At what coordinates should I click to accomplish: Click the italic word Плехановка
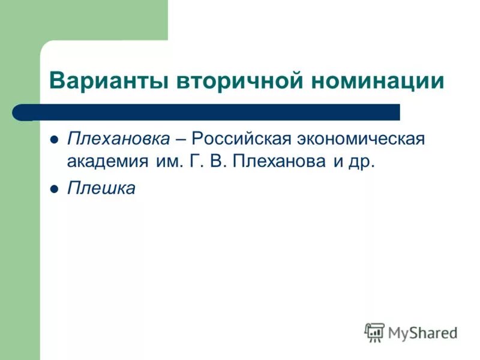tap(118, 139)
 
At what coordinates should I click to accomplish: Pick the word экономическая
tap(362, 139)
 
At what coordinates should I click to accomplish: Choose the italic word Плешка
tap(101, 188)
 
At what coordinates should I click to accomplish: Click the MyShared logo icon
tap(374, 332)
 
